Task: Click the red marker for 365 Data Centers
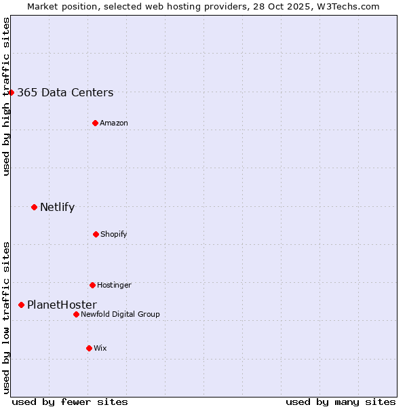12,92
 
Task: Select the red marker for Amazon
96,123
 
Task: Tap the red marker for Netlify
35,207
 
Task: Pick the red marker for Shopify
96,234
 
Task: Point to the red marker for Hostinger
92,285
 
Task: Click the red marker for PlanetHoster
22,305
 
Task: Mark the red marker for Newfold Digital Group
77,314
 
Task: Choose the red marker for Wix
89,348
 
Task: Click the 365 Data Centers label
65,93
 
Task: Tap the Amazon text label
114,123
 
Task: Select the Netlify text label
57,208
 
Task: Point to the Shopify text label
114,235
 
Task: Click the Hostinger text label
114,286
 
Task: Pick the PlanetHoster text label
62,305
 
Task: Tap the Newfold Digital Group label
120,315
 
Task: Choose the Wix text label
100,349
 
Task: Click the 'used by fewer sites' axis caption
70,402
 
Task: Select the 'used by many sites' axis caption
341,402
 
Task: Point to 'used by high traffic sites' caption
7,96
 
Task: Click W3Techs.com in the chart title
347,6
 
